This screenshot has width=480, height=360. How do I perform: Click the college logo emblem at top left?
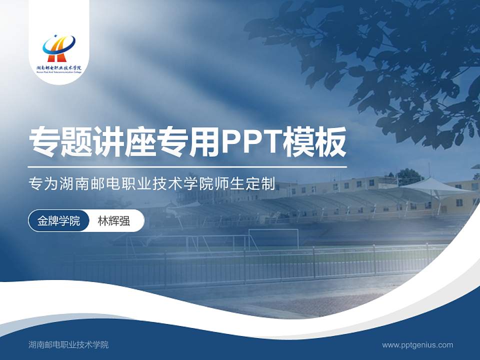coord(58,47)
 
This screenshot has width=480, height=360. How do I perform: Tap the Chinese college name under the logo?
coord(58,67)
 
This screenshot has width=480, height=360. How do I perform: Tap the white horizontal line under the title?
coord(187,166)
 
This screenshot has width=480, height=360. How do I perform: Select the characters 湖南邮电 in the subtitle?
coord(83,184)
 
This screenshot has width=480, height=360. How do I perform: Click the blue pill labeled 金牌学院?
coord(58,221)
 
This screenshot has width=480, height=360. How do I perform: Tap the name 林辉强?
coord(114,221)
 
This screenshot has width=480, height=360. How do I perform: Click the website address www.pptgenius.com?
coord(417,345)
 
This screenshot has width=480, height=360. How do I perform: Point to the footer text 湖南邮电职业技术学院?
coord(68,345)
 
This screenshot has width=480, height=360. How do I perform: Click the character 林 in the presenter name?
coord(102,221)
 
